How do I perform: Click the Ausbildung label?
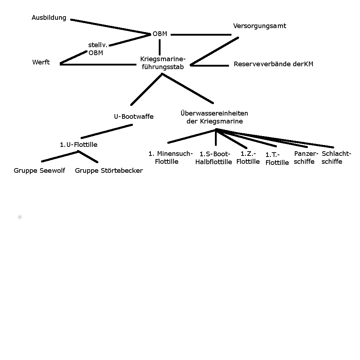[49, 18]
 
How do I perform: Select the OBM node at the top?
[160, 34]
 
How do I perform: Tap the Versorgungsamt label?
[260, 26]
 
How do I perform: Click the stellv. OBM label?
[98, 49]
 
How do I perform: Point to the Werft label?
[41, 62]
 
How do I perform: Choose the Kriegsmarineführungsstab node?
[163, 63]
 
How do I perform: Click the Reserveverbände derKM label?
[273, 64]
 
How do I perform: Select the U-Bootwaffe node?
[134, 117]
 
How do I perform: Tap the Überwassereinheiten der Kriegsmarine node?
[215, 117]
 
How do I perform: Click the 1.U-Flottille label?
[78, 145]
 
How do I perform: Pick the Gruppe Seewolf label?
[39, 171]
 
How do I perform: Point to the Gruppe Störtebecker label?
[109, 171]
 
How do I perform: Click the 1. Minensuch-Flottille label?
[171, 158]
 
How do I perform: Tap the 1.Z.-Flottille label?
[248, 157]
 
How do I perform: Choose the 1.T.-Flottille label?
[277, 158]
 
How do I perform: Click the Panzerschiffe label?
[306, 157]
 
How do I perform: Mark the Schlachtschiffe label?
[336, 157]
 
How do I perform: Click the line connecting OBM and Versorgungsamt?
[201, 35]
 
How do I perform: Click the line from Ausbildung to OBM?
[110, 27]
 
